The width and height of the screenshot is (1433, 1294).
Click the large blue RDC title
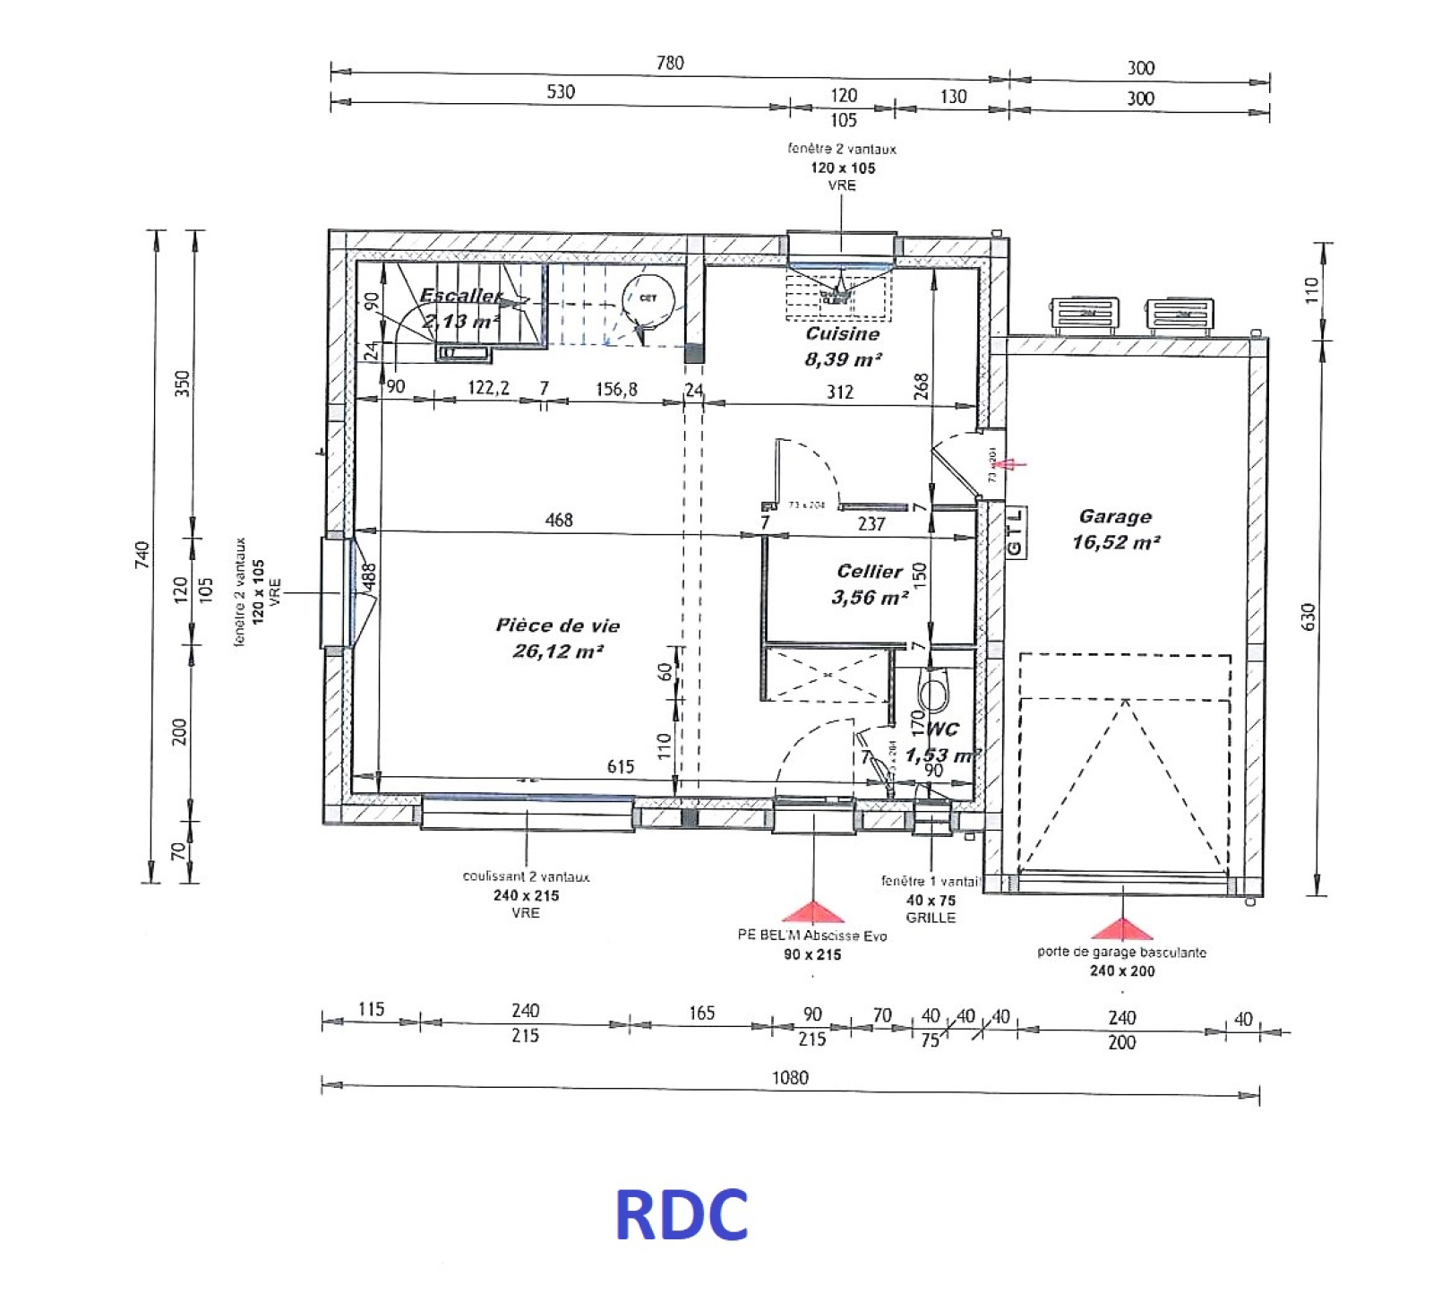[x=681, y=1214]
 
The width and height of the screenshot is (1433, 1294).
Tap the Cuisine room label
[x=842, y=333]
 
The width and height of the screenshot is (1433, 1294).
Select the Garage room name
[x=1115, y=516]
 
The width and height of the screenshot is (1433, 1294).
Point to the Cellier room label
[x=869, y=571]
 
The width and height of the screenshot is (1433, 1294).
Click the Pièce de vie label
[x=557, y=625]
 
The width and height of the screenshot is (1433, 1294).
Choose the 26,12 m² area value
[x=557, y=651]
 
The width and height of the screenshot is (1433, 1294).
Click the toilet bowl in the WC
[x=933, y=692]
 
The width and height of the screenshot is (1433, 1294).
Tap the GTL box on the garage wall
[x=1015, y=532]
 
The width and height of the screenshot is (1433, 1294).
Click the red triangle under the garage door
[x=1121, y=928]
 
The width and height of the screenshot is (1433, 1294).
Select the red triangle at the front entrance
[x=813, y=912]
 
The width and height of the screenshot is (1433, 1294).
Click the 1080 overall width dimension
[x=790, y=1077]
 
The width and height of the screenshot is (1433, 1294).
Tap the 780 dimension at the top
[x=670, y=63]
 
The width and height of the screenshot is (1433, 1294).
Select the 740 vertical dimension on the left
[x=142, y=554]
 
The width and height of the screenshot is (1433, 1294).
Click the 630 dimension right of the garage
[x=1308, y=617]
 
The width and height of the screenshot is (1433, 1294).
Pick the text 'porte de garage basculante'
[x=1121, y=952]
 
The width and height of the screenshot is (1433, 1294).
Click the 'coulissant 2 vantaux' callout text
[x=526, y=876]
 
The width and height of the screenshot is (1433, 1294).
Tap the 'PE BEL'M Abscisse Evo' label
[x=812, y=936]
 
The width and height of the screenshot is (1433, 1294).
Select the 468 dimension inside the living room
[x=559, y=520]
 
